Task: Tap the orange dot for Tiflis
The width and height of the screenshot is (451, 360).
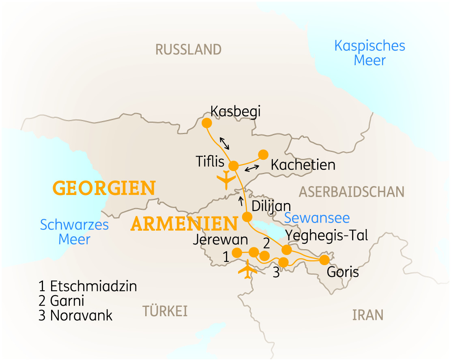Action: coord(234,166)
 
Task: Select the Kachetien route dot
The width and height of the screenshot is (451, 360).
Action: coord(263,154)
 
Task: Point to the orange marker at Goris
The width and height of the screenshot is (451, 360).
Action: coord(324,259)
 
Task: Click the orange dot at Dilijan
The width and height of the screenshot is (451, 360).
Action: coord(246,216)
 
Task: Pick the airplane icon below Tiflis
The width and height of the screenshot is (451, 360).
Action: coord(226,180)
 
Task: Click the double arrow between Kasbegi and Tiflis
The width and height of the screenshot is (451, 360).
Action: coord(225,143)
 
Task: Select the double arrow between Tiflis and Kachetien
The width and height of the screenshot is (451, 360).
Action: coord(252,168)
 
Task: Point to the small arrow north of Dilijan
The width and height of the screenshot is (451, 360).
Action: coord(241,200)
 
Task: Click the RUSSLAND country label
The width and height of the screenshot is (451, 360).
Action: coord(189,49)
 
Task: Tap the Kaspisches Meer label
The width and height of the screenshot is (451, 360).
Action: coord(369,53)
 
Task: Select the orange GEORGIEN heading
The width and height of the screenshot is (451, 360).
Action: coord(104,189)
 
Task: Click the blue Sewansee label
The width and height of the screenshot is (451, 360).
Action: coord(317,218)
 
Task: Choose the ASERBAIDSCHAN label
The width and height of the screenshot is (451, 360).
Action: coord(352,192)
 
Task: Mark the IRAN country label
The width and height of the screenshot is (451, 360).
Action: coord(368,315)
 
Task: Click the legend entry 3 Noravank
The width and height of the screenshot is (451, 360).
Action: coord(75,316)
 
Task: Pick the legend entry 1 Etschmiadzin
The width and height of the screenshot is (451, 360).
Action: coord(88,287)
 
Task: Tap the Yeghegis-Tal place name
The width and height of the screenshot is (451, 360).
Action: coord(327,235)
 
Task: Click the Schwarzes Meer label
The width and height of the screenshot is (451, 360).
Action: coord(74,231)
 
